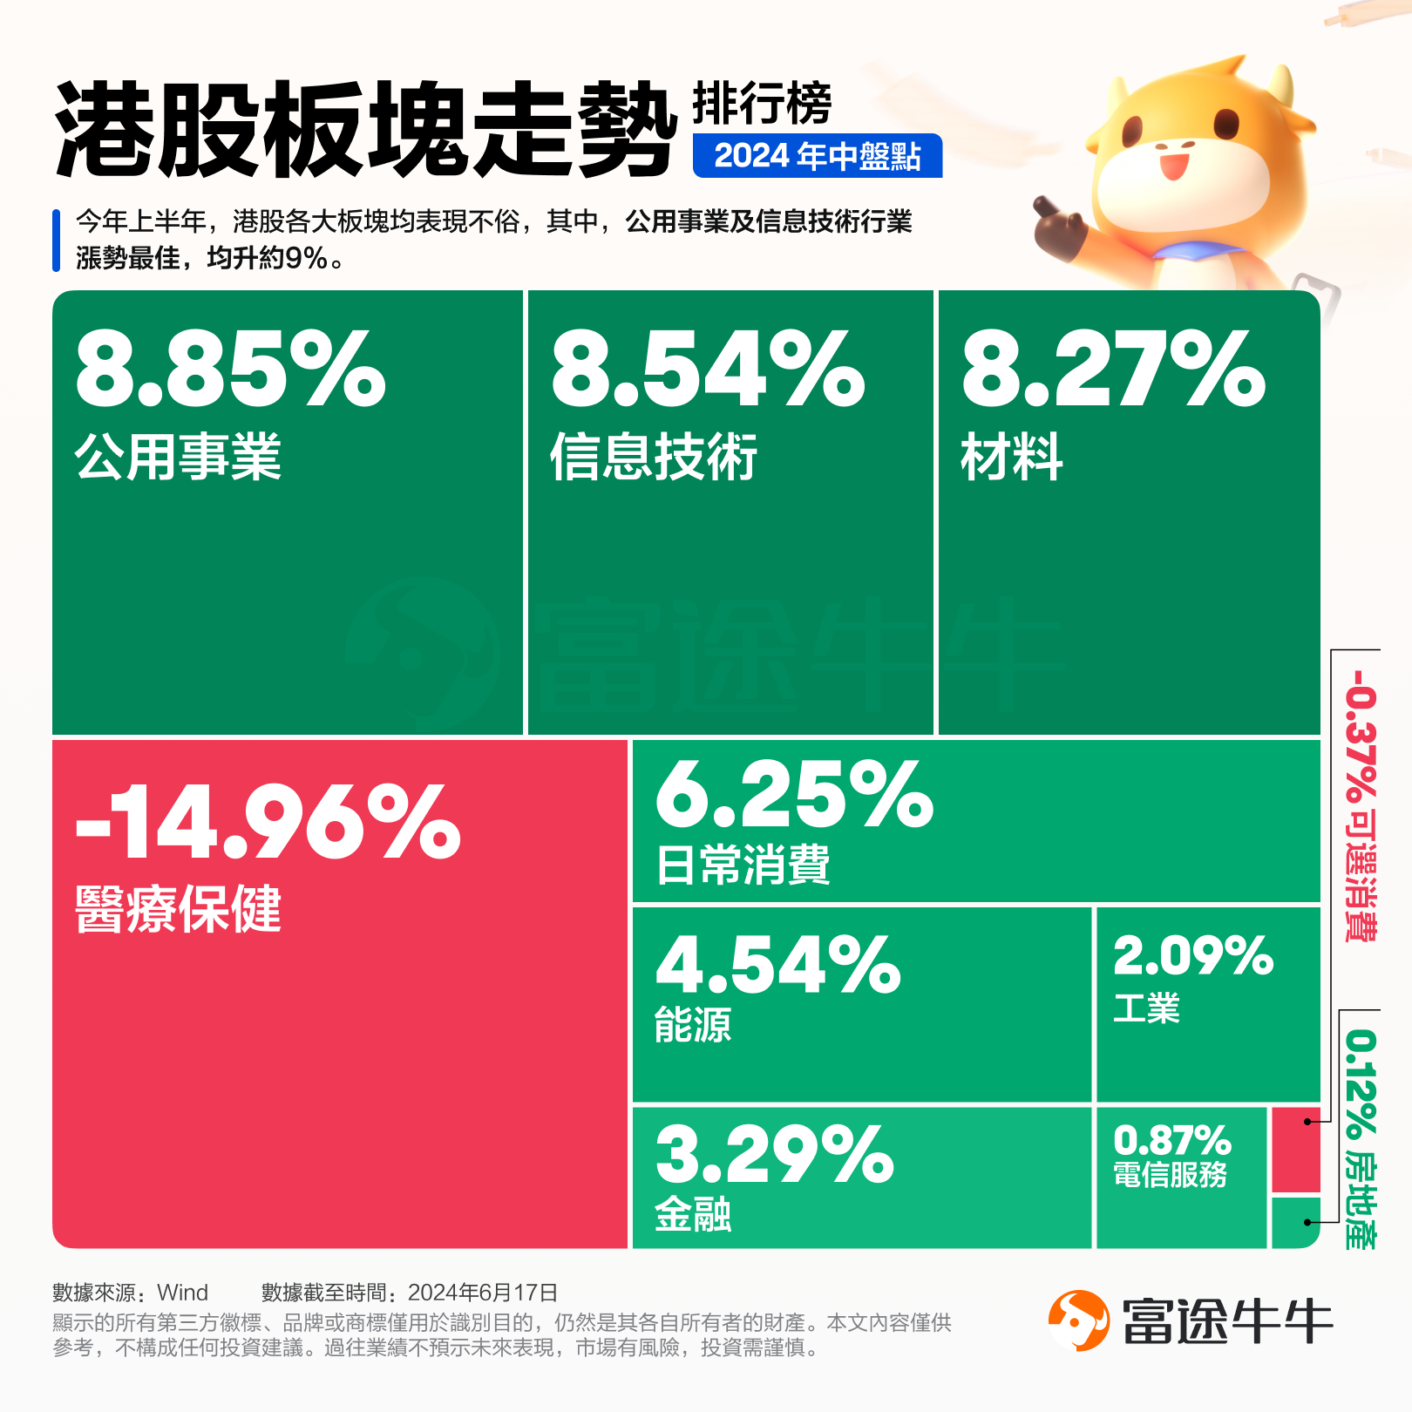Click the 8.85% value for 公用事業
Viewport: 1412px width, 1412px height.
coord(230,370)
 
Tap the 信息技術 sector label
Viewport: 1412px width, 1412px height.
coord(653,457)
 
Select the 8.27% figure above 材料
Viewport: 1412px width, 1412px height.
coord(1113,370)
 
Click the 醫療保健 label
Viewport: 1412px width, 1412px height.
coord(178,909)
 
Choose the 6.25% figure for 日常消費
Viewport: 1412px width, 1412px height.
coord(794,794)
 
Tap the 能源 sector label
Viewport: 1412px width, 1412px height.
coord(693,1025)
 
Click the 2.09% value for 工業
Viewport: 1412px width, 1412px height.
coord(1193,956)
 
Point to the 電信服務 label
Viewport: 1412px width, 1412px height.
coord(1170,1175)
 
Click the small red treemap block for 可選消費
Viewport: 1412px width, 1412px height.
coord(1296,1150)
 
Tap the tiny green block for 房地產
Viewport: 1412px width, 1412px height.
coord(1296,1222)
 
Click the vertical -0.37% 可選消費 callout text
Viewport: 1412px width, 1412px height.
coord(1361,804)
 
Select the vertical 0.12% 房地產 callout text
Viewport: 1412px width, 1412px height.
coord(1361,1137)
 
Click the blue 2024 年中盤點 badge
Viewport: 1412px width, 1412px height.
coord(817,156)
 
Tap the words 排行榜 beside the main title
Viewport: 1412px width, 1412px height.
coord(762,104)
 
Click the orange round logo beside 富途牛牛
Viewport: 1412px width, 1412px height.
coord(1078,1320)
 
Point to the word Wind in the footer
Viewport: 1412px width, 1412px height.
coord(183,1292)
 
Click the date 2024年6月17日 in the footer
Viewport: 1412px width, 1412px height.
coord(483,1292)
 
